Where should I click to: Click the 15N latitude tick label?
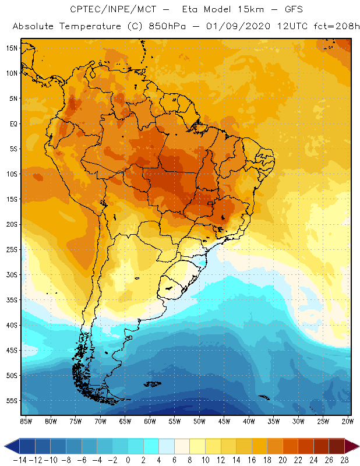[x=12, y=48]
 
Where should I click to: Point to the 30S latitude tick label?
[x=12, y=274]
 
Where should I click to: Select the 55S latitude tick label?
[x=12, y=400]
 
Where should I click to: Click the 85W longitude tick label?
[x=26, y=421]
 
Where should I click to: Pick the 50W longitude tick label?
[x=199, y=421]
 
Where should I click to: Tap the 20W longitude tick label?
[x=348, y=421]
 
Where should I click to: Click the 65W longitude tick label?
[x=125, y=421]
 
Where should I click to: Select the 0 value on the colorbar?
[x=128, y=460]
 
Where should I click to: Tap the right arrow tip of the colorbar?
[x=356, y=446]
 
